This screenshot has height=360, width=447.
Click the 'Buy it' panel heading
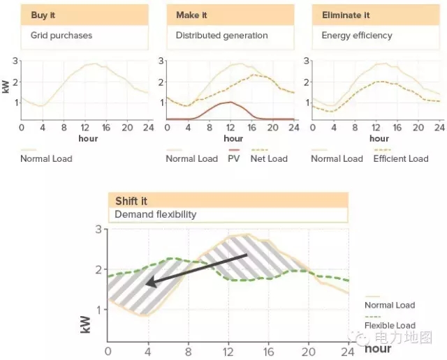click(x=43, y=15)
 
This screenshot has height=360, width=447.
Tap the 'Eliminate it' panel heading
click(x=346, y=15)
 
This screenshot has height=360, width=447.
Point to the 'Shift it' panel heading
click(x=131, y=201)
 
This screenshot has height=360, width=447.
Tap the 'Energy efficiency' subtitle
click(x=357, y=35)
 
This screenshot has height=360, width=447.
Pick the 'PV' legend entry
click(x=234, y=158)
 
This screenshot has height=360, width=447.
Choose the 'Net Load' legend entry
click(x=269, y=158)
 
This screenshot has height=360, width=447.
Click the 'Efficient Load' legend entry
click(x=400, y=158)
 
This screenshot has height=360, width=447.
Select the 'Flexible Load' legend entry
click(x=390, y=325)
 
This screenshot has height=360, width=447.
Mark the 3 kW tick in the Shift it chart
click(x=98, y=229)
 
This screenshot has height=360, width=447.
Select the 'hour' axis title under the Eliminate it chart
click(x=379, y=138)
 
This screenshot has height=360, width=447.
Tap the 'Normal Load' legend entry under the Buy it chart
click(x=46, y=158)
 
